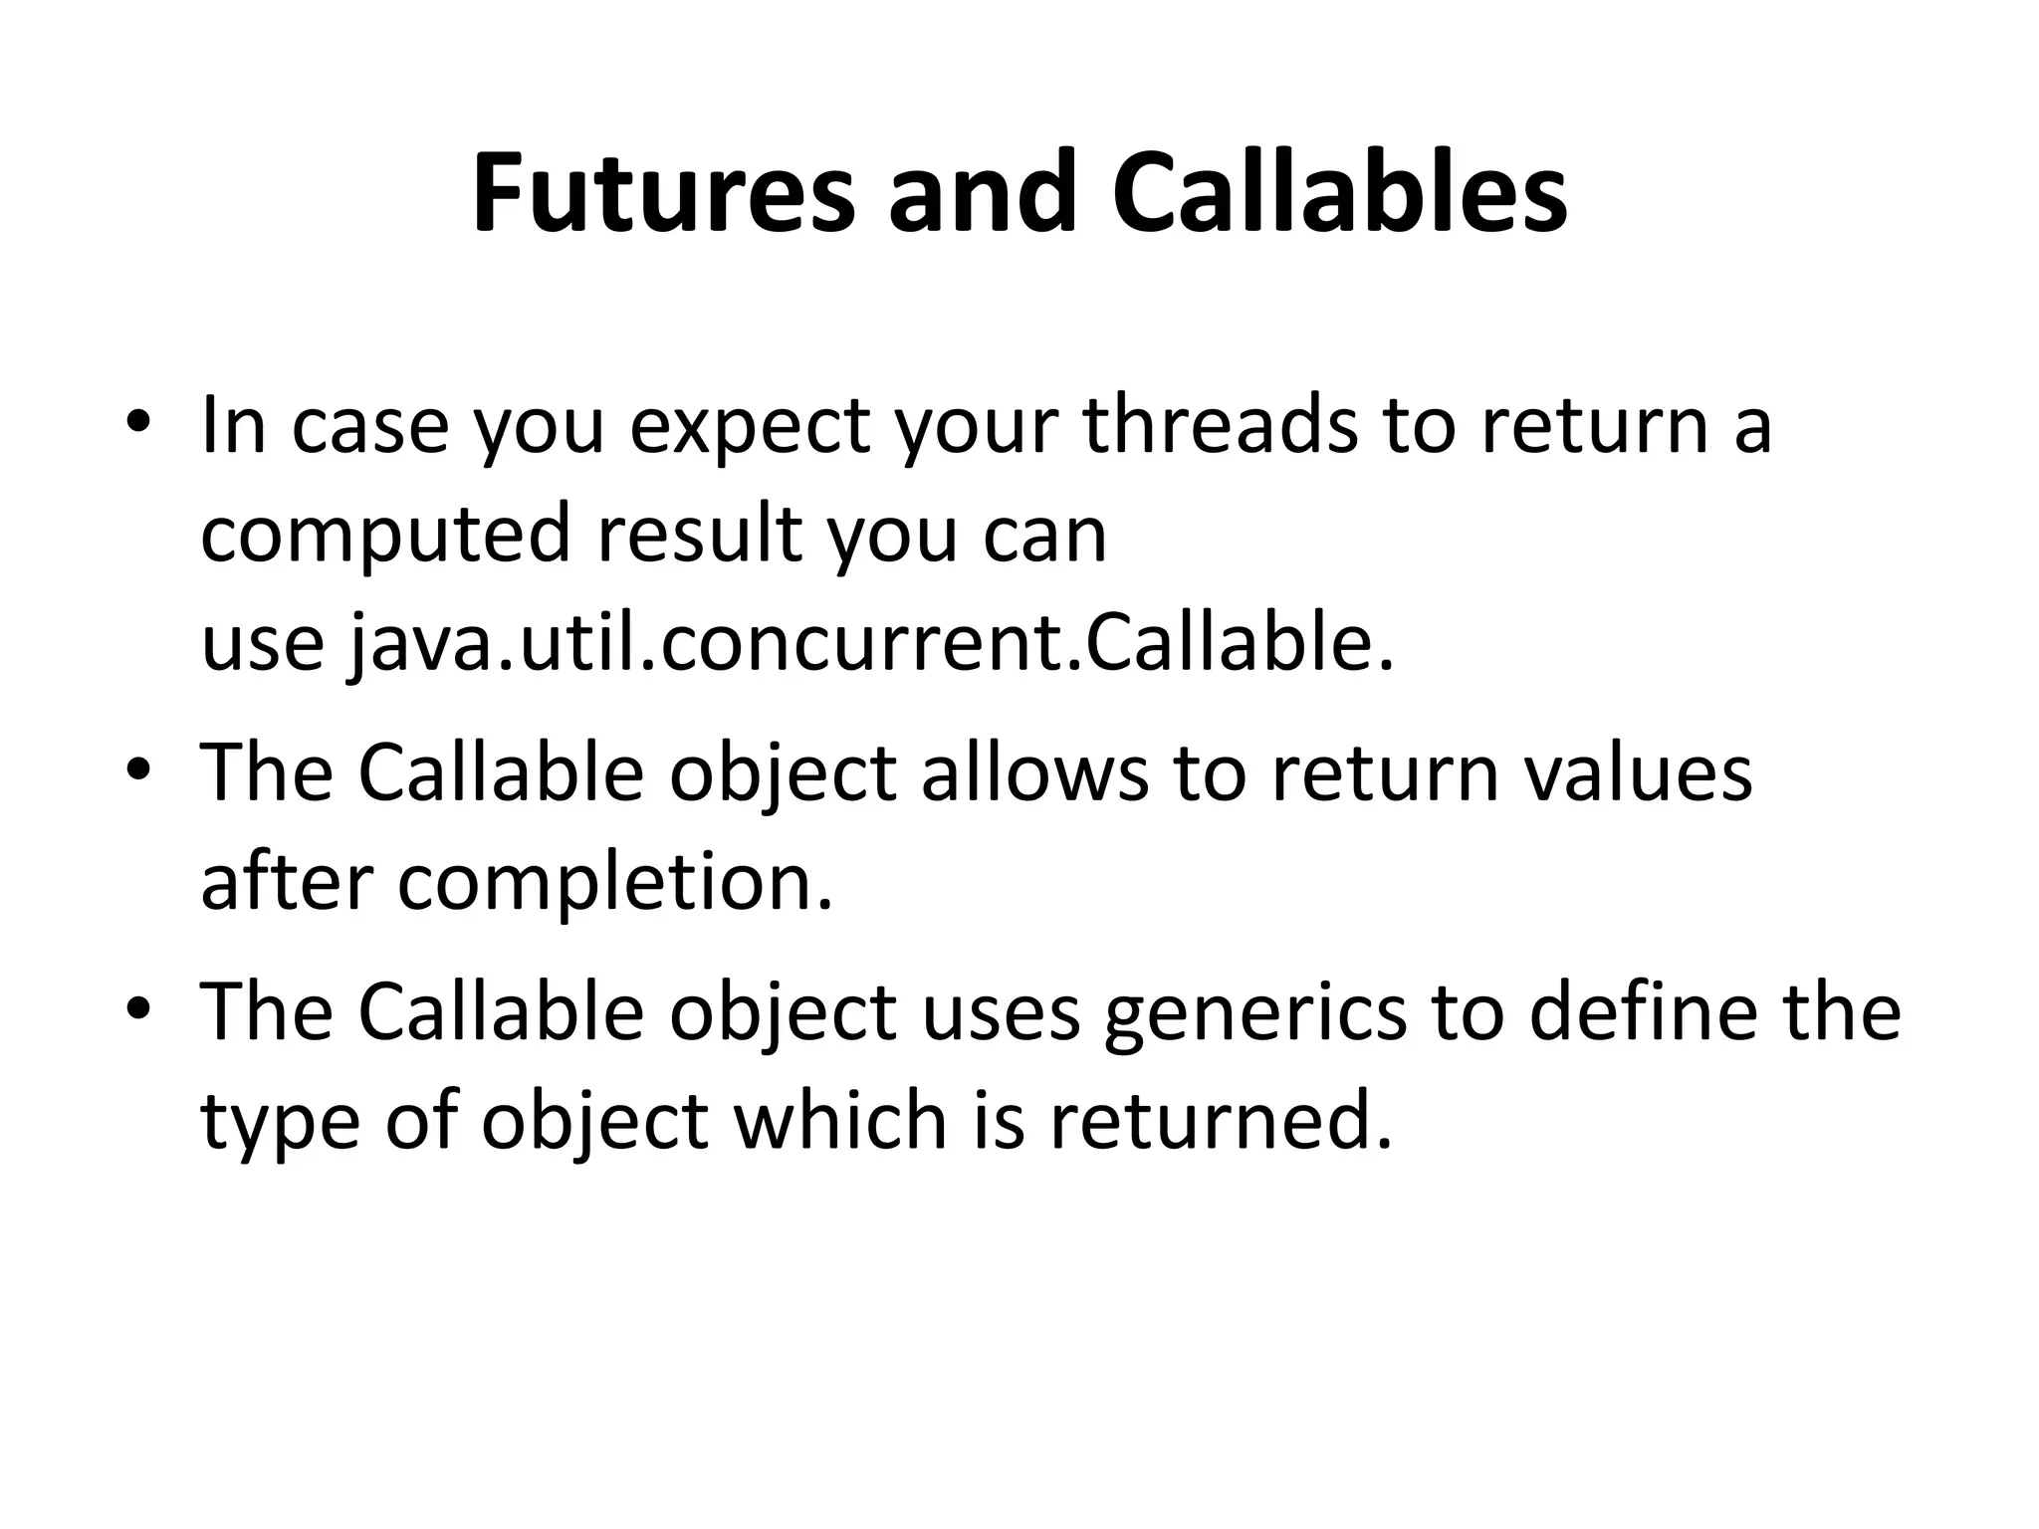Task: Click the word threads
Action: (1220, 425)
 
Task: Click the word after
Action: (287, 882)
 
